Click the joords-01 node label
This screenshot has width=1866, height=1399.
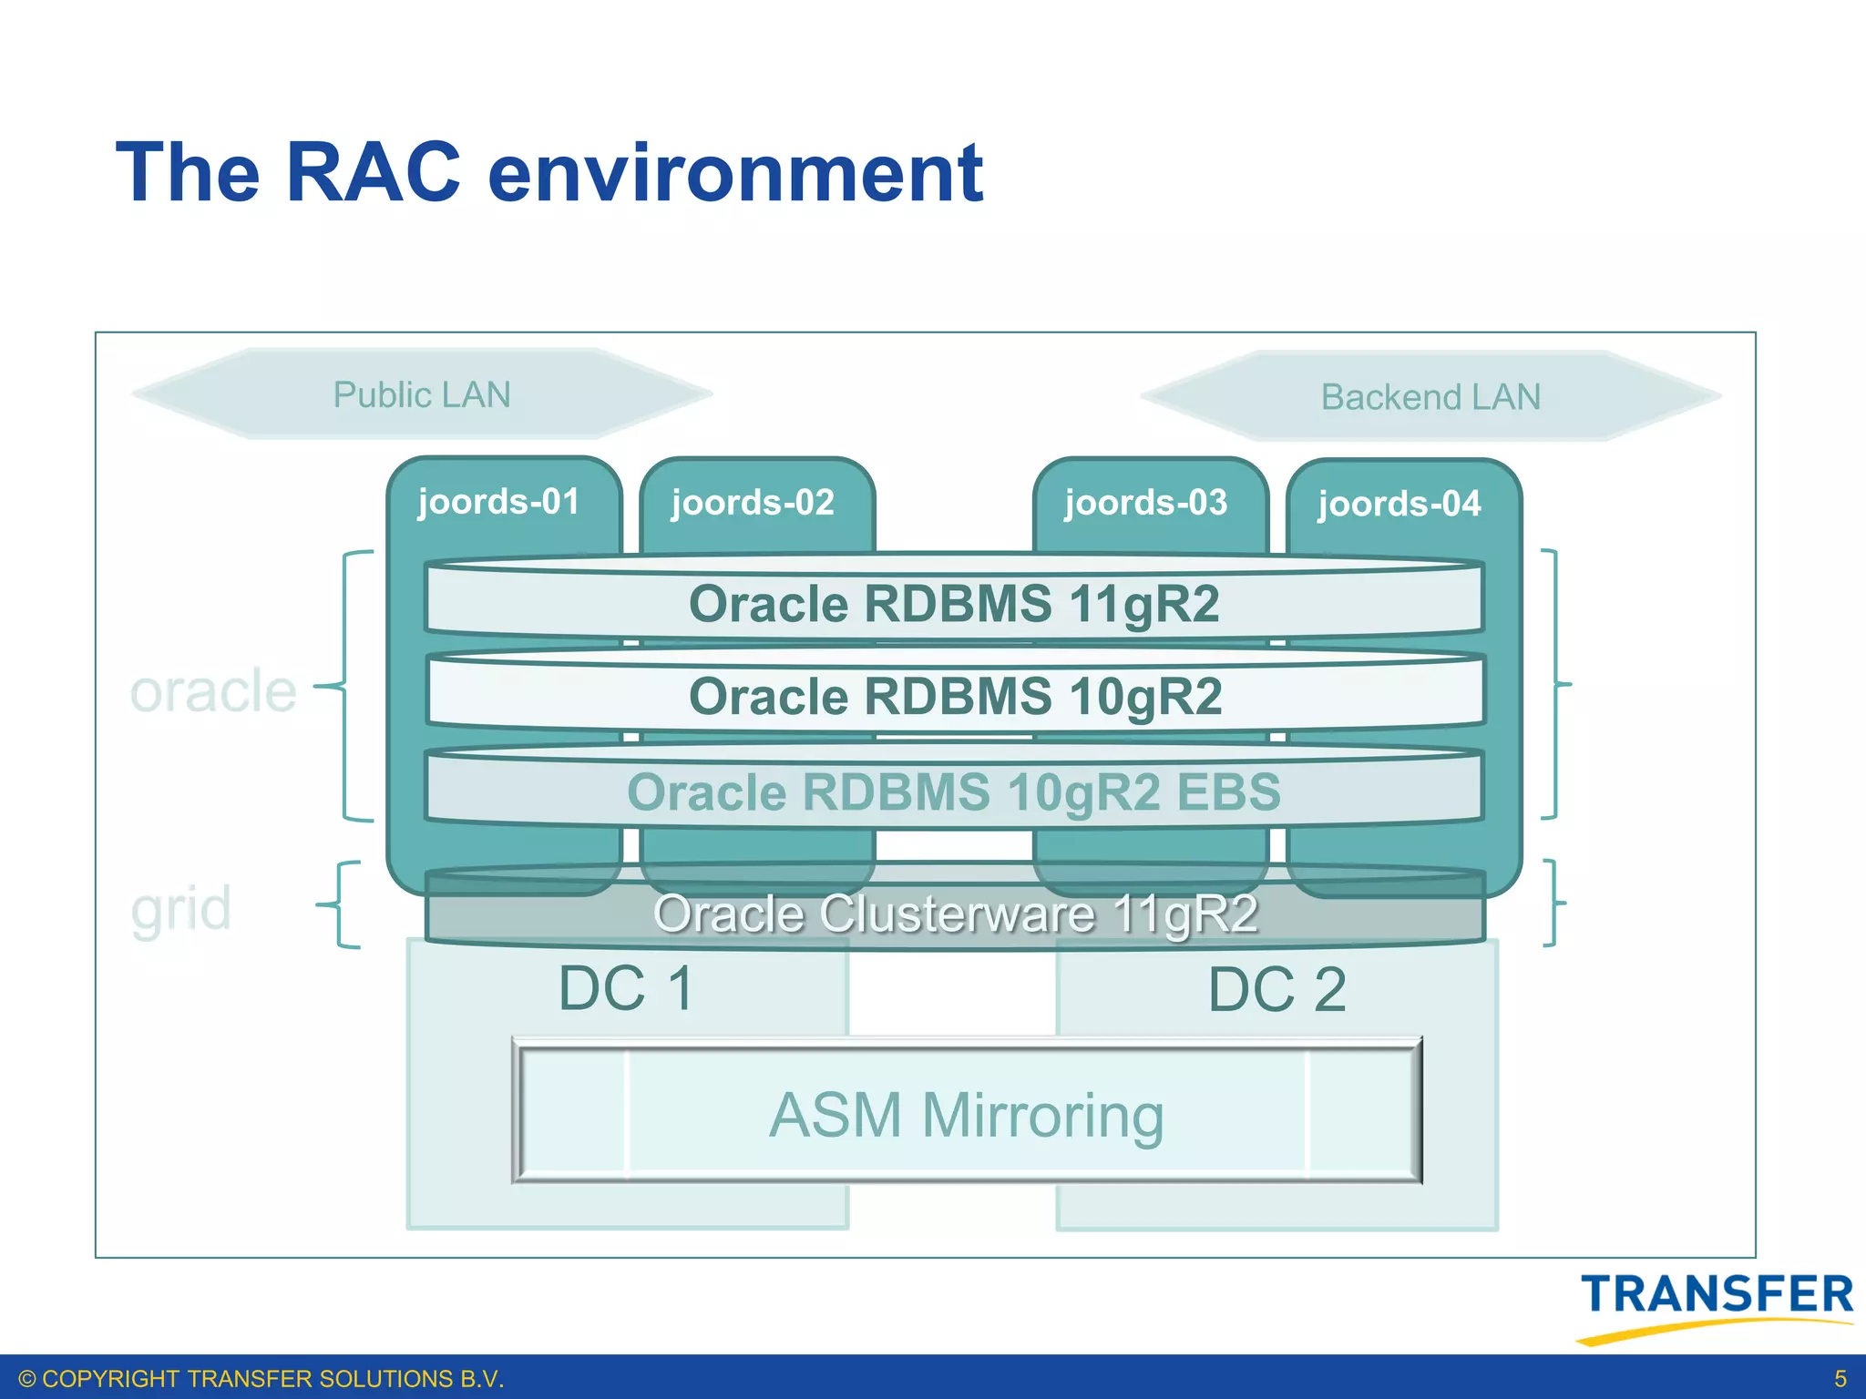point(498,502)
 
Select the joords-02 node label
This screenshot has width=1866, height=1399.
point(753,503)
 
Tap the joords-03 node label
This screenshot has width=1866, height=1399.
point(1146,503)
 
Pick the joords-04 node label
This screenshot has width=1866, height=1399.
point(1399,504)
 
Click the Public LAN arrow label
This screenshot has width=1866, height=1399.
point(422,395)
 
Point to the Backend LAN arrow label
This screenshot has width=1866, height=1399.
point(1430,397)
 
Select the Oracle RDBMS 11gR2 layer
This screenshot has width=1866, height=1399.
point(954,604)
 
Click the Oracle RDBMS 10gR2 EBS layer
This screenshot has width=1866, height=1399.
point(954,791)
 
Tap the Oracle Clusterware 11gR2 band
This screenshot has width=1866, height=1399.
point(955,914)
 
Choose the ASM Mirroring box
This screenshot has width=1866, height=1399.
point(966,1115)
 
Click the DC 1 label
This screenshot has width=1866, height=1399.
point(627,989)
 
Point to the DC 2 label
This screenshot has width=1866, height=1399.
point(1276,990)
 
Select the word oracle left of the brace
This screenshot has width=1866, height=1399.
point(213,691)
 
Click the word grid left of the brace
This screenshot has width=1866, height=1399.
point(180,909)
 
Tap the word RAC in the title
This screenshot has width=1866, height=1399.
point(374,172)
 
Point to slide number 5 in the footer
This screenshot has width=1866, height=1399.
point(1840,1378)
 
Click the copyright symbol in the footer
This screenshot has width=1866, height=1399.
point(27,1379)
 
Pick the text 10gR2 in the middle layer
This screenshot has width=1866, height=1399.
point(1145,697)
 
